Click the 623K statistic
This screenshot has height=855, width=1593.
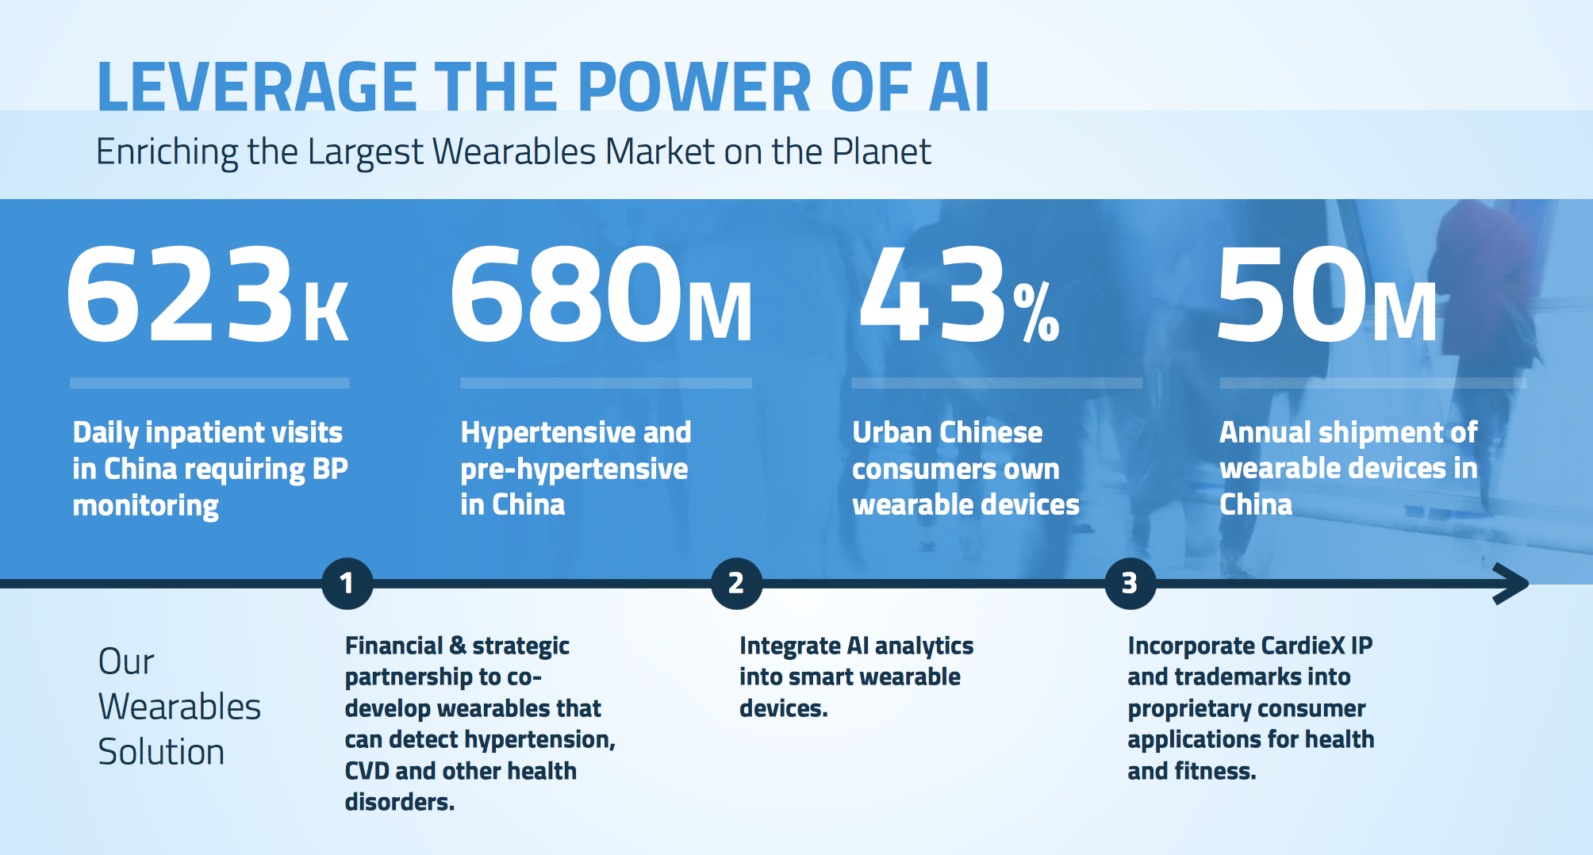208,294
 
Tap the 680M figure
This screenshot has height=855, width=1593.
601,294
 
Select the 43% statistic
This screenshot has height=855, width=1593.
959,294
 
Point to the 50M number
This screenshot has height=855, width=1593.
1326,294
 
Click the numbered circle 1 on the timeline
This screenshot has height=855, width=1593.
347,584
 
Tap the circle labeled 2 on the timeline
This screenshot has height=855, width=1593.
736,584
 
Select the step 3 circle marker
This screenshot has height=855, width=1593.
1130,584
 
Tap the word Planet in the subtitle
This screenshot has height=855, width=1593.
881,151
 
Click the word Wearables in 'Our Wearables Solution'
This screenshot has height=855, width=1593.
179,707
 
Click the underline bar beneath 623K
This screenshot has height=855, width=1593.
209,383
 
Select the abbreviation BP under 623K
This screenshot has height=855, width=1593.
330,469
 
